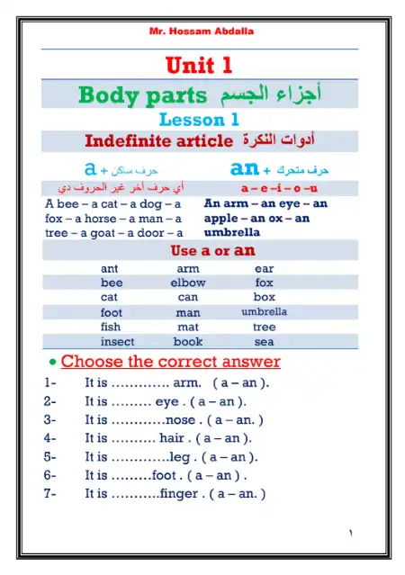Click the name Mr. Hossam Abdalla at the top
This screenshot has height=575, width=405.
(201, 31)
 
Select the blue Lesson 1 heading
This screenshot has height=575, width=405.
(199, 119)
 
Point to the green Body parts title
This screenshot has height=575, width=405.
(143, 94)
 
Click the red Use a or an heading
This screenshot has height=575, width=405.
(212, 251)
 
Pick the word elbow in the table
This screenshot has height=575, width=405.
(187, 283)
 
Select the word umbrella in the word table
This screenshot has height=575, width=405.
(264, 312)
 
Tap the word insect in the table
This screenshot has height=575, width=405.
(118, 342)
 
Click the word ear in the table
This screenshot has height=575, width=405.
(264, 268)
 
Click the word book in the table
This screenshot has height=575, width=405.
(188, 342)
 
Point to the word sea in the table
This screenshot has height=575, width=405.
(264, 342)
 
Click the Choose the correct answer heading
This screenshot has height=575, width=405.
(170, 363)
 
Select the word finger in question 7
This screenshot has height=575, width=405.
(184, 493)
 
